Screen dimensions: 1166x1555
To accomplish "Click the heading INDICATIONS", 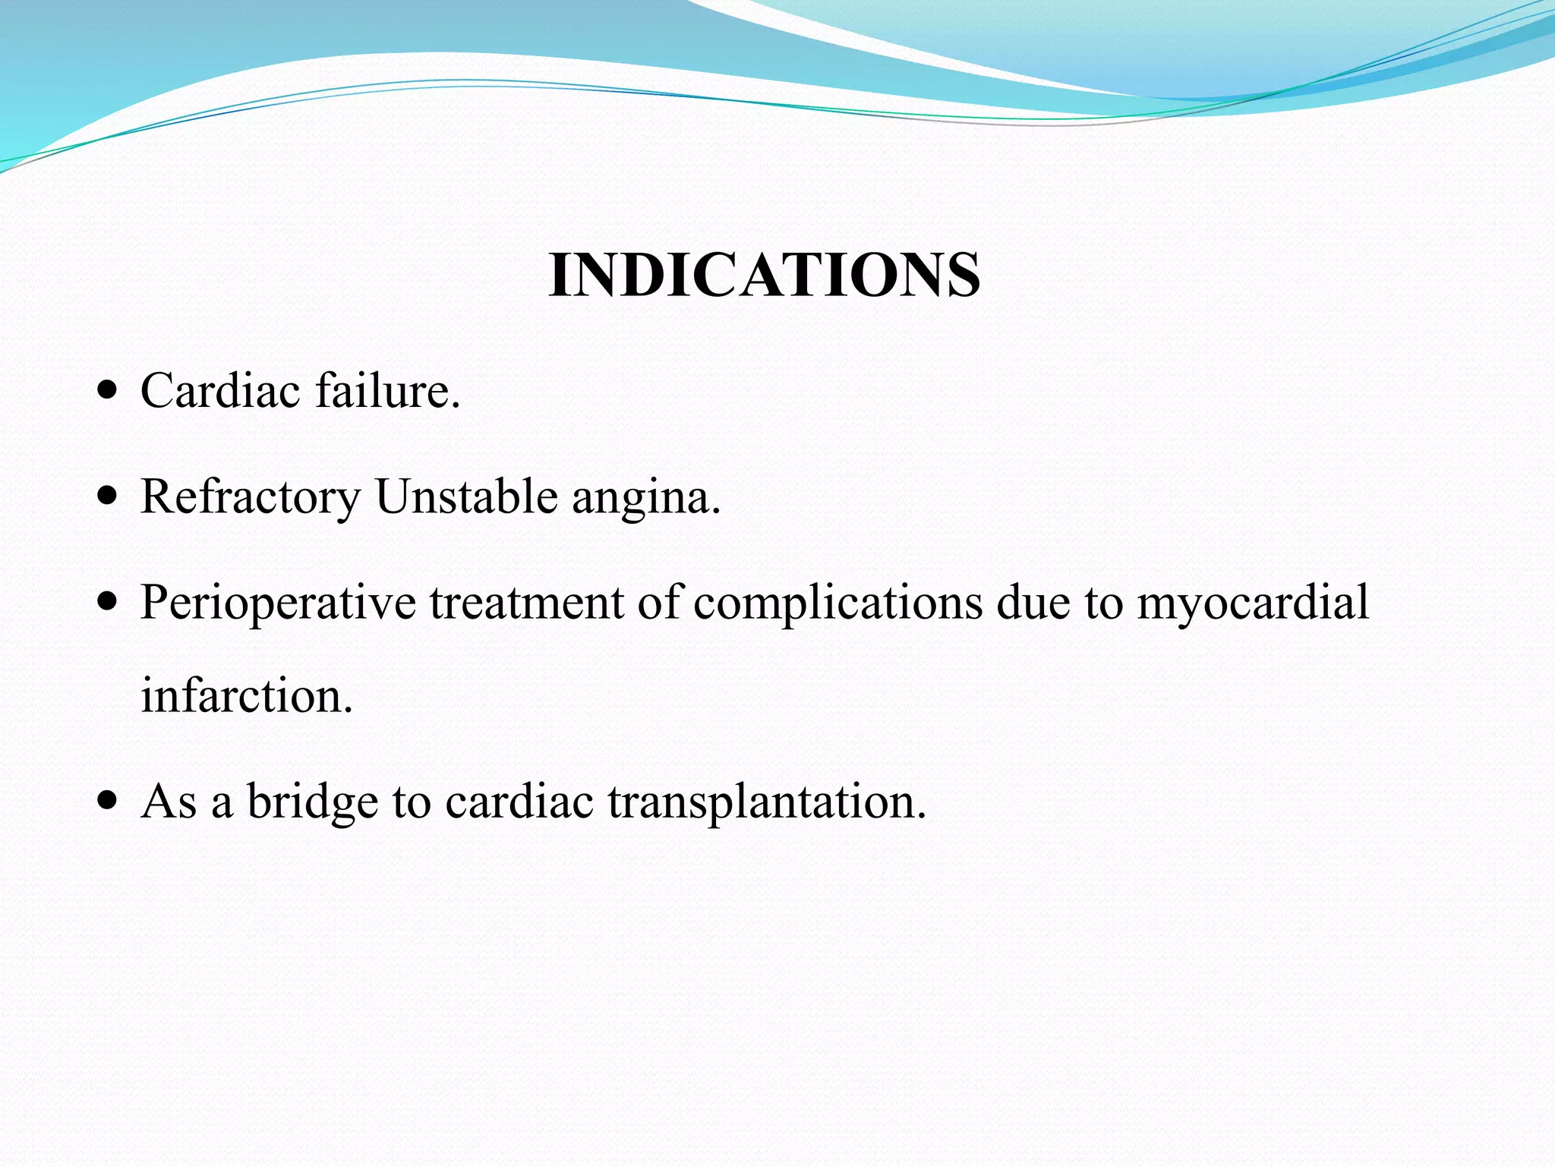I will click(x=764, y=275).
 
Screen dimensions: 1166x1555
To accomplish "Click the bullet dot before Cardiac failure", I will click(x=109, y=392).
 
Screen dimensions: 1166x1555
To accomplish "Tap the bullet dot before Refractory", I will click(x=109, y=497).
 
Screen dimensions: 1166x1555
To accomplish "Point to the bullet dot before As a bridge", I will click(x=109, y=802).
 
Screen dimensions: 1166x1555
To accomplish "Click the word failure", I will click(x=387, y=392).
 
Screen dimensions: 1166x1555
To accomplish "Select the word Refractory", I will click(x=251, y=498).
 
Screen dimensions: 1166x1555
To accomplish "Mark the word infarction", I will click(x=247, y=695).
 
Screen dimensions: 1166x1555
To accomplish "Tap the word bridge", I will click(x=312, y=802).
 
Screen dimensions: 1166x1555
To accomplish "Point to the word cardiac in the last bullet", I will click(x=519, y=802).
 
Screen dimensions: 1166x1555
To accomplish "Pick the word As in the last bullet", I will click(x=169, y=802).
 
